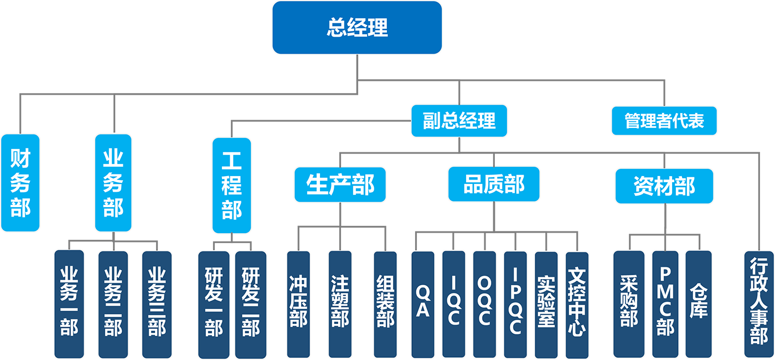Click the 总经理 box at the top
pyautogui.click(x=357, y=28)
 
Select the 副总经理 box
pyautogui.click(x=459, y=121)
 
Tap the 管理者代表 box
pyautogui.click(x=664, y=121)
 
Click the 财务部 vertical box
pyautogui.click(x=20, y=183)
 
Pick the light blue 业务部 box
pyautogui.click(x=113, y=183)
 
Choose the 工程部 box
pyautogui.click(x=231, y=186)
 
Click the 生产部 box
pyautogui.click(x=340, y=184)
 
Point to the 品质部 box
pyautogui.click(x=493, y=184)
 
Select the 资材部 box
pyautogui.click(x=664, y=186)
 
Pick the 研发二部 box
pyautogui.click(x=250, y=305)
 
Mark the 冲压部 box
pyautogui.click(x=298, y=305)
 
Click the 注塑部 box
pyautogui.click(x=340, y=305)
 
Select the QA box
pyautogui.click(x=423, y=305)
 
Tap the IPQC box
pyautogui.click(x=515, y=305)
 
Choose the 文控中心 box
pyautogui.click(x=577, y=305)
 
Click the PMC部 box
pyautogui.click(x=665, y=305)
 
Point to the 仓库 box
pyautogui.click(x=699, y=305)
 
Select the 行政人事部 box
pyautogui.click(x=759, y=305)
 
